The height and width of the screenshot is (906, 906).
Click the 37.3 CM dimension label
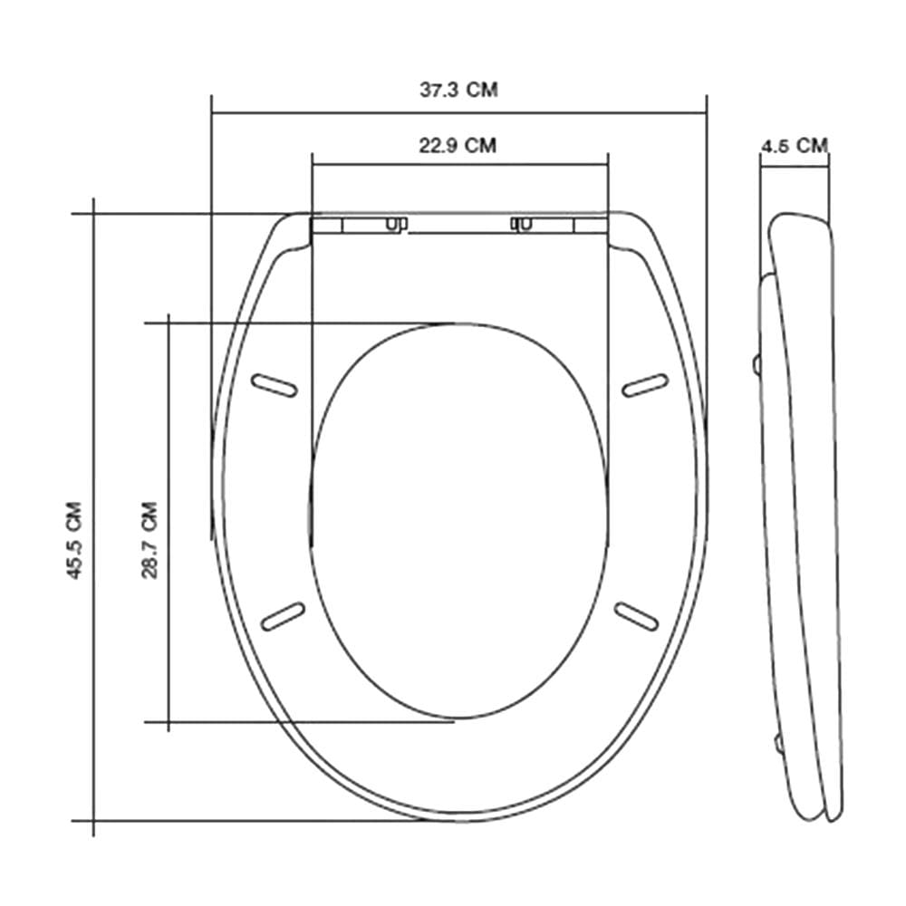tap(458, 90)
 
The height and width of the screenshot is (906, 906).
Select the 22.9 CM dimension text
tap(458, 145)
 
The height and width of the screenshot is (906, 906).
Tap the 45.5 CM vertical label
tap(74, 540)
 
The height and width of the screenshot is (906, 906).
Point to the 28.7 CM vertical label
tap(149, 540)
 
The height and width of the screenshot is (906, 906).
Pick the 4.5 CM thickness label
tap(795, 145)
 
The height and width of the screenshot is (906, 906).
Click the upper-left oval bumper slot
tap(275, 385)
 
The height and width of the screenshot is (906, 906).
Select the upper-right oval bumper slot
tap(645, 385)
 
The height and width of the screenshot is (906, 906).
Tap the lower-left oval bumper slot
tap(283, 616)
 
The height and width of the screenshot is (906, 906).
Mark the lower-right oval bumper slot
tap(636, 616)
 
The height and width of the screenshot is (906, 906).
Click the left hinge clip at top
tap(397, 224)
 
